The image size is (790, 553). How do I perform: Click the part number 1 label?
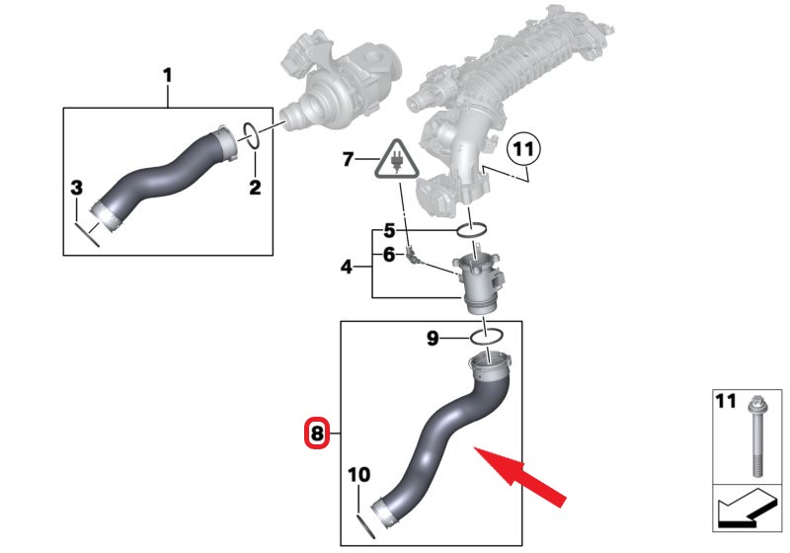167,74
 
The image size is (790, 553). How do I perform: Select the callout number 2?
254,188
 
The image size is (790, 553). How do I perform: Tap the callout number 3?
76,188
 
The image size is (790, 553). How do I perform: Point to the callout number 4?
347,266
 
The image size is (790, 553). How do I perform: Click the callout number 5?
389,231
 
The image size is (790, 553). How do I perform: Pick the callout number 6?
389,255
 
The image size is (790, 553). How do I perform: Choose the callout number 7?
347,159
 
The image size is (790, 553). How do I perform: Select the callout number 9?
432,339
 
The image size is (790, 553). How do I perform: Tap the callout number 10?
358,476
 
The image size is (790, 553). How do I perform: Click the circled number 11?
523,150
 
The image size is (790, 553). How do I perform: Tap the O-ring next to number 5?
472,231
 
